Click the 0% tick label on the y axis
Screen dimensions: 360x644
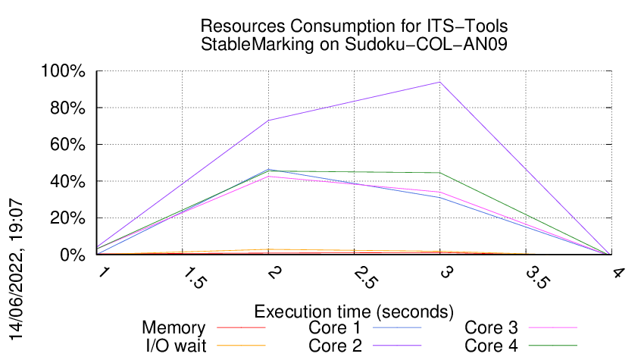click(73, 255)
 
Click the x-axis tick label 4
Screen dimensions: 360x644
click(617, 273)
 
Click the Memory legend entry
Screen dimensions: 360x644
click(174, 328)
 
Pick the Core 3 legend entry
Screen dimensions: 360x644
click(491, 328)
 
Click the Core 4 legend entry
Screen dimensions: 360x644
click(491, 346)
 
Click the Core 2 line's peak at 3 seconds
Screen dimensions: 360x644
click(439, 82)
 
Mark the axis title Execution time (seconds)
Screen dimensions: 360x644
click(354, 311)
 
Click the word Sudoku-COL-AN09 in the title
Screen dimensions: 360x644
click(427, 45)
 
